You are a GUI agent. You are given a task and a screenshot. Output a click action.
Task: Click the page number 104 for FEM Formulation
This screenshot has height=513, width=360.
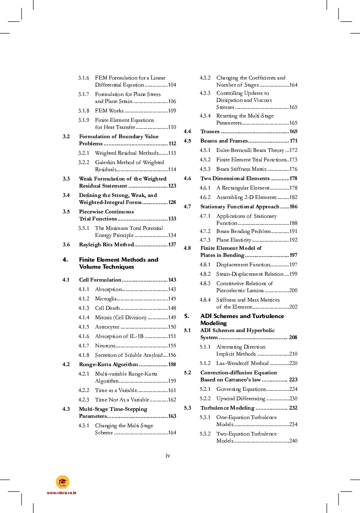coord(172,85)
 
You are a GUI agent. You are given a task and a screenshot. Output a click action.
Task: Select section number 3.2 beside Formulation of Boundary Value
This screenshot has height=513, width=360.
coord(66,137)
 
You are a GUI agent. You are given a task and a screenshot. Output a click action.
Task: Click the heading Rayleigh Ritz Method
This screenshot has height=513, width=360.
coord(106,245)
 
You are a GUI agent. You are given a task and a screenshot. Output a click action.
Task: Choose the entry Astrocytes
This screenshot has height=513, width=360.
coord(107,327)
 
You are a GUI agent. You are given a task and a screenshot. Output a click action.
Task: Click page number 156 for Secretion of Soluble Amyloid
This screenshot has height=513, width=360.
coord(172,355)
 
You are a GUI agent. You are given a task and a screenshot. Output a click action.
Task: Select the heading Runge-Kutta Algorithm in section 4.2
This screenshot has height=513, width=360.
coord(108,365)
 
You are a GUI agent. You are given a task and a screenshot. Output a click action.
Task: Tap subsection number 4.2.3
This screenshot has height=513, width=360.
coord(84,400)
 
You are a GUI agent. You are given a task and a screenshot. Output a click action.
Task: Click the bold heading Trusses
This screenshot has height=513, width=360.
coord(210,132)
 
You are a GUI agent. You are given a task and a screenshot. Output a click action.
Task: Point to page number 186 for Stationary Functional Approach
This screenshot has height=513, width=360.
coord(293,207)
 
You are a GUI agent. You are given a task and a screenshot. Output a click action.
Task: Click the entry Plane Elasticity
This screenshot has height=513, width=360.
coord(234,240)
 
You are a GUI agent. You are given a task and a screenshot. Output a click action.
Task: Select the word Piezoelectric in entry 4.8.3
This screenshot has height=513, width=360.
coord(232,291)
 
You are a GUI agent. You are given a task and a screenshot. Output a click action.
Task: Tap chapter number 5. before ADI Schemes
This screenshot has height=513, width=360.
coord(187,316)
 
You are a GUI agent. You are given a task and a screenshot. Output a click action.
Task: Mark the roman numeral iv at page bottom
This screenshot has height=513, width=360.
coord(168,455)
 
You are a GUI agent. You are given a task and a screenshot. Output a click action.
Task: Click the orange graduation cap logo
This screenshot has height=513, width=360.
coord(63,482)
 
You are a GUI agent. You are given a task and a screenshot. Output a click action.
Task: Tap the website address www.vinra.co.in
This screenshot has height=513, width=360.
coord(62,493)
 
